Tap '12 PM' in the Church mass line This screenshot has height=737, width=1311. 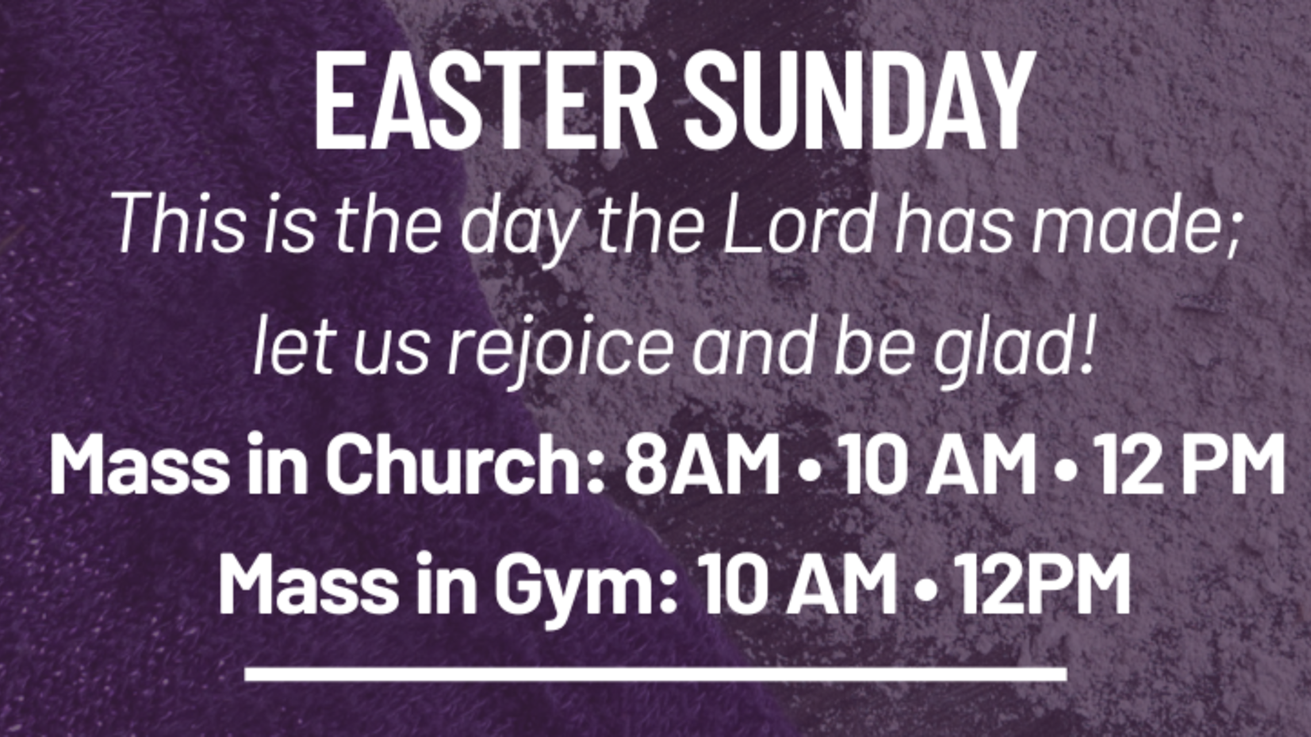tap(1190, 465)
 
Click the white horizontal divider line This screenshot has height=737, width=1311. tap(655, 673)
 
